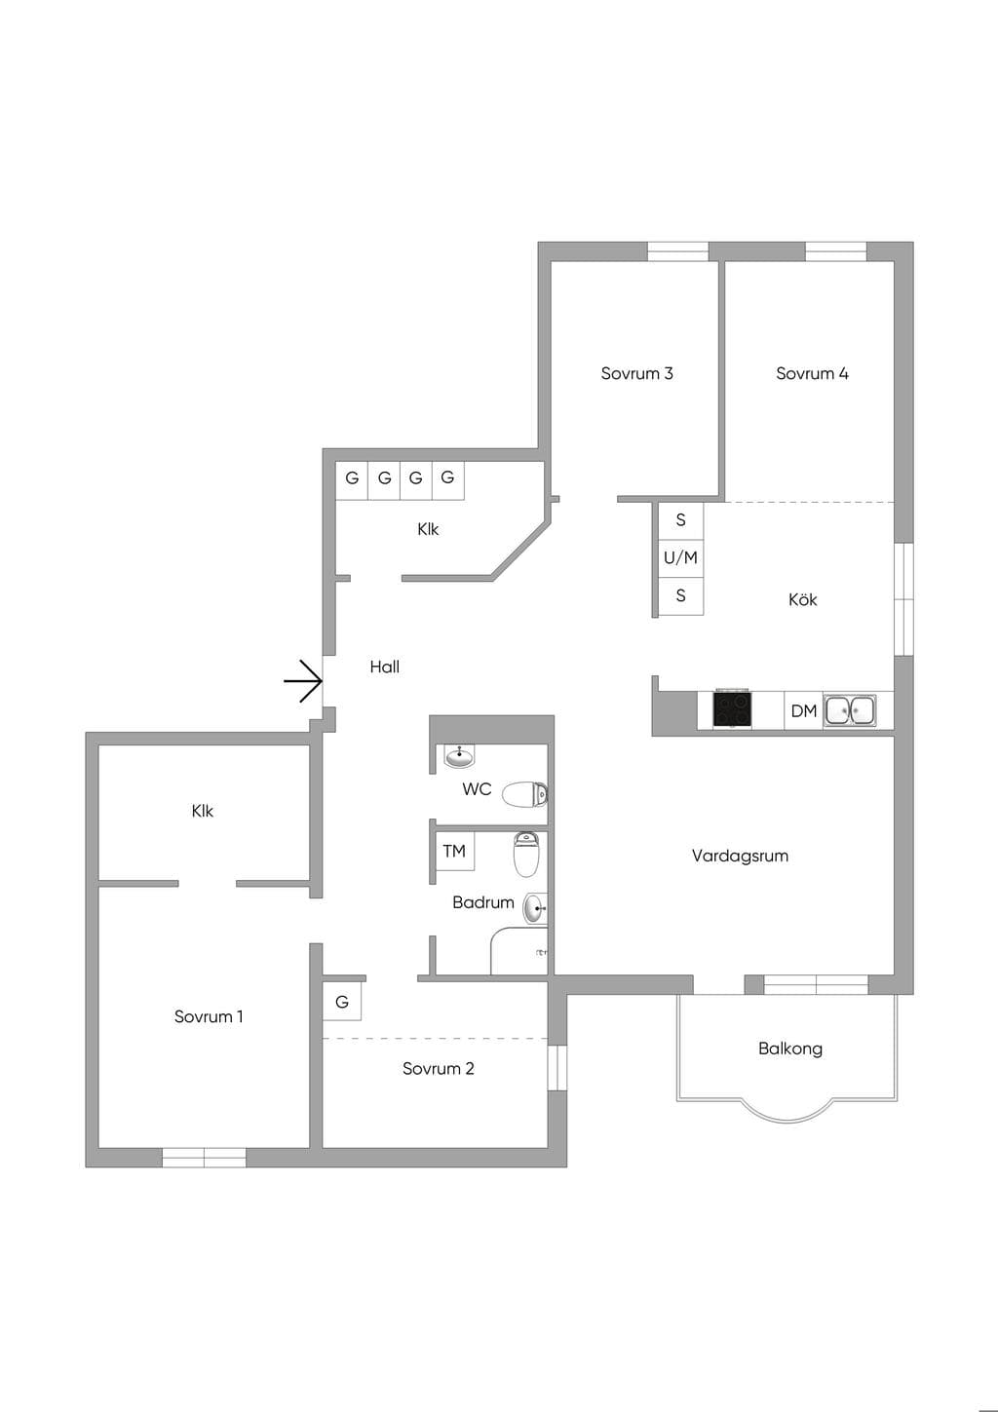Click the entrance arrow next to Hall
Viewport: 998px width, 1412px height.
(x=303, y=681)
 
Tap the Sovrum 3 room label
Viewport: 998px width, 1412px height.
(x=636, y=373)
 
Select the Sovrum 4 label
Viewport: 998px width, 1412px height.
(x=812, y=373)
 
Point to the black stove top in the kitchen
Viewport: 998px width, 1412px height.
(x=731, y=709)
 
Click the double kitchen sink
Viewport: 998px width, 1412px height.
(x=850, y=709)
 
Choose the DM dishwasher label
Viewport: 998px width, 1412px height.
(x=804, y=711)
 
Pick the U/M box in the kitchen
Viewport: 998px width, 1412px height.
(x=681, y=557)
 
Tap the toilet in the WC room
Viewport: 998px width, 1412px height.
(x=524, y=793)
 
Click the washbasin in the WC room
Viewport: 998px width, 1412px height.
(x=459, y=756)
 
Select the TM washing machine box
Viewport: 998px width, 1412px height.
(x=454, y=851)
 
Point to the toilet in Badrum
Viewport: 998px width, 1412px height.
(x=525, y=855)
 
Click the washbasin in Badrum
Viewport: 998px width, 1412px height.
(x=535, y=908)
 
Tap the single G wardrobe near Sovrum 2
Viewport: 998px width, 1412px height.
(x=342, y=1002)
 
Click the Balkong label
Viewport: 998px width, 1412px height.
(x=790, y=1049)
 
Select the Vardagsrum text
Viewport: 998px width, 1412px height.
(x=740, y=856)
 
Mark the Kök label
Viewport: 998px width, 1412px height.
(x=802, y=599)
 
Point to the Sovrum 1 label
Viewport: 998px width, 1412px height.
(x=209, y=1016)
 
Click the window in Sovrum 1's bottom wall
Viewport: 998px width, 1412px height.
(x=205, y=1158)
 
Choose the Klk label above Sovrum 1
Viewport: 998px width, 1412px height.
(x=203, y=811)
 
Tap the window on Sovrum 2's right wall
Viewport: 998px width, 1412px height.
(x=557, y=1068)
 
